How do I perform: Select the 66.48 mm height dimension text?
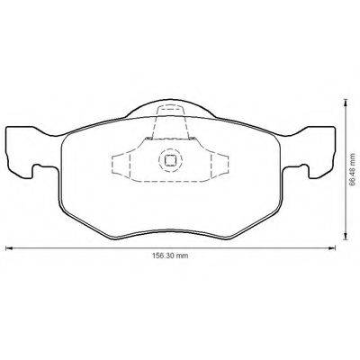(x=347, y=171)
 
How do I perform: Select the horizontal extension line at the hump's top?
(x=270, y=96)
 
